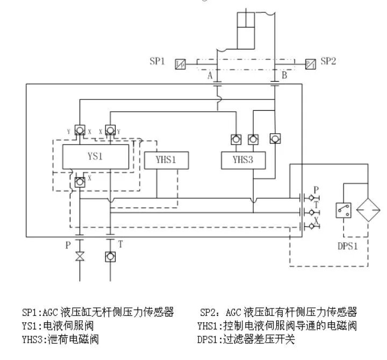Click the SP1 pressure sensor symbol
click(x=181, y=64)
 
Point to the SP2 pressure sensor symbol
click(x=310, y=64)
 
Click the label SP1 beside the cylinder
click(x=157, y=61)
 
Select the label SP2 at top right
click(x=328, y=61)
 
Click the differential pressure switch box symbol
click(x=343, y=210)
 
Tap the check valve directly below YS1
click(x=80, y=181)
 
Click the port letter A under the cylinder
click(x=210, y=76)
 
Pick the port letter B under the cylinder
click(x=284, y=76)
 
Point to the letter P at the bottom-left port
click(x=68, y=245)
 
